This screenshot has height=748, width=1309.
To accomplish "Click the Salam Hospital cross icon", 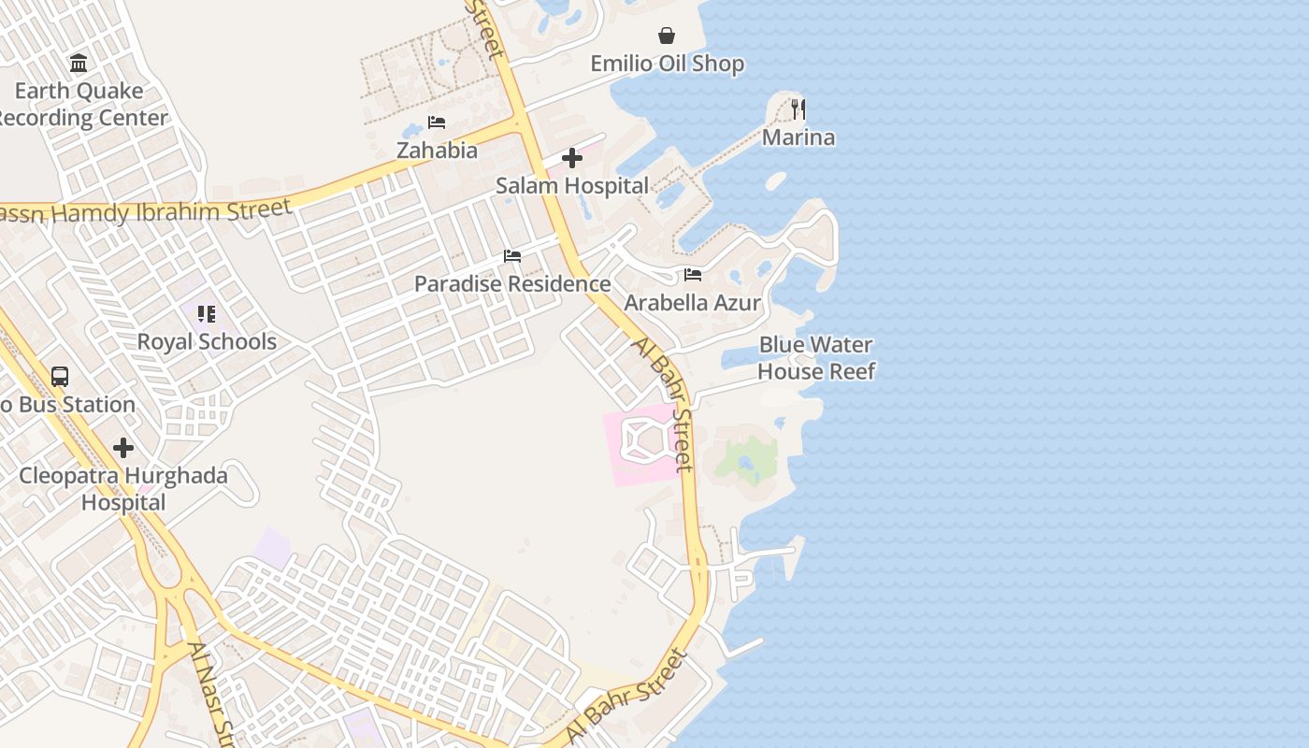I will pyautogui.click(x=571, y=158).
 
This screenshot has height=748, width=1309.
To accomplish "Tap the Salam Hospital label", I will pyautogui.click(x=571, y=186).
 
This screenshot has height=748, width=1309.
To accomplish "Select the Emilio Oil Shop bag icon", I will pyautogui.click(x=667, y=36).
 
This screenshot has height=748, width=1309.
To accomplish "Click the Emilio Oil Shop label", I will pyautogui.click(x=667, y=64).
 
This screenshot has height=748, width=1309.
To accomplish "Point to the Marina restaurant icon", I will pyautogui.click(x=798, y=108).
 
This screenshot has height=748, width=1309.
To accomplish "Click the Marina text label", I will pyautogui.click(x=798, y=137).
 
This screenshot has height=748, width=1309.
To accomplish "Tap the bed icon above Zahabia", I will pyautogui.click(x=436, y=122).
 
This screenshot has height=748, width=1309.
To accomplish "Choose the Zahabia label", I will pyautogui.click(x=437, y=151).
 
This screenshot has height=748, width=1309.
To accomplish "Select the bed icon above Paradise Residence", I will pyautogui.click(x=511, y=255).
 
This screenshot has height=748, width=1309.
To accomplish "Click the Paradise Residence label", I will pyautogui.click(x=512, y=283).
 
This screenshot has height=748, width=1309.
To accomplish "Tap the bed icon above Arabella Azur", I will pyautogui.click(x=692, y=275).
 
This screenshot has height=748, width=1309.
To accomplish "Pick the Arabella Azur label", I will pyautogui.click(x=692, y=303).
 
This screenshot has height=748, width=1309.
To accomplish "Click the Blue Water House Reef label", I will pyautogui.click(x=815, y=358).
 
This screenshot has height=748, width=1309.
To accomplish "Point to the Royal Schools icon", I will pyautogui.click(x=206, y=314).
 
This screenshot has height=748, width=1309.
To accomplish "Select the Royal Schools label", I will pyautogui.click(x=207, y=342).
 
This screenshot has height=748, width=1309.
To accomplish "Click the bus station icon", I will pyautogui.click(x=60, y=377).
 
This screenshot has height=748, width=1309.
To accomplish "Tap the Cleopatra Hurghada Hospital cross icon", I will pyautogui.click(x=122, y=448).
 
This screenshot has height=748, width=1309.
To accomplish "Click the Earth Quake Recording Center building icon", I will pyautogui.click(x=79, y=64).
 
